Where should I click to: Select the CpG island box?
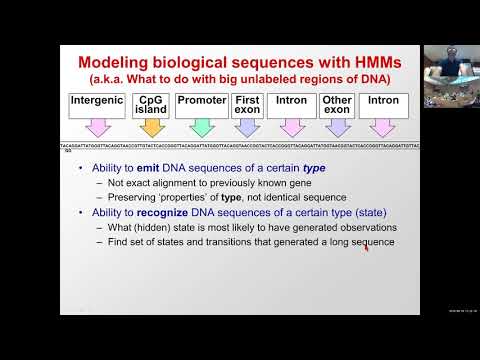click(151, 104)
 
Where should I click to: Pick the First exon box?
click(247, 104)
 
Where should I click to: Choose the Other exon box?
click(338, 104)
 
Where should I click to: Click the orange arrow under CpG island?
click(151, 127)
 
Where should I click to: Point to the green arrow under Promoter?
click(201, 127)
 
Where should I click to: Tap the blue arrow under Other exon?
click(338, 127)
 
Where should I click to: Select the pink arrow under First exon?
click(247, 127)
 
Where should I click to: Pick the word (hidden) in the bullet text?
click(153, 227)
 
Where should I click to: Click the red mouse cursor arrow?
click(365, 247)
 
